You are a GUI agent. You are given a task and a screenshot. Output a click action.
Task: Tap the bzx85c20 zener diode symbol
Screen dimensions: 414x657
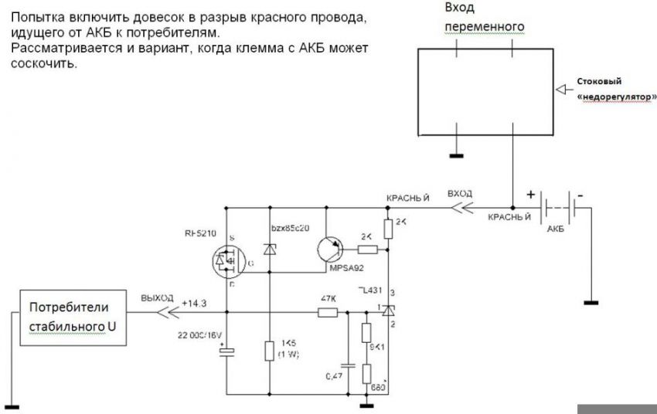(x=270, y=249)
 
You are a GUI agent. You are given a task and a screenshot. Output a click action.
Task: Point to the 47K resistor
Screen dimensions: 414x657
(x=328, y=313)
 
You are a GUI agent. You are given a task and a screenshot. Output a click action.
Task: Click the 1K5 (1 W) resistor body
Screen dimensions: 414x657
(x=270, y=351)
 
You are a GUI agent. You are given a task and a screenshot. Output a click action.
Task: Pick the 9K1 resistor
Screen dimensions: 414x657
(x=366, y=333)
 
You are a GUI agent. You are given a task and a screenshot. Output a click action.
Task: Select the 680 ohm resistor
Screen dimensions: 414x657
(x=366, y=375)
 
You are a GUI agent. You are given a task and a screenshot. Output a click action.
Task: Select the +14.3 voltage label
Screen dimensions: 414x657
(x=195, y=304)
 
